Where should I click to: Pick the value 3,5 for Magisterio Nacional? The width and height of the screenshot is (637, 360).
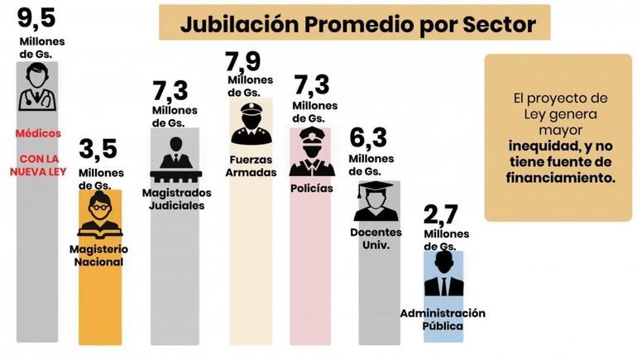pos(98,150)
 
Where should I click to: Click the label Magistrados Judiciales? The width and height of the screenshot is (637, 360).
pos(175,199)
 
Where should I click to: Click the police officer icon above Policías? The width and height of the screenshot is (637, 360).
pos(312,151)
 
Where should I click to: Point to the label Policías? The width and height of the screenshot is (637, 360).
pos(312,188)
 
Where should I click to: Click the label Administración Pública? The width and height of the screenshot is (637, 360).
pos(443,319)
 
